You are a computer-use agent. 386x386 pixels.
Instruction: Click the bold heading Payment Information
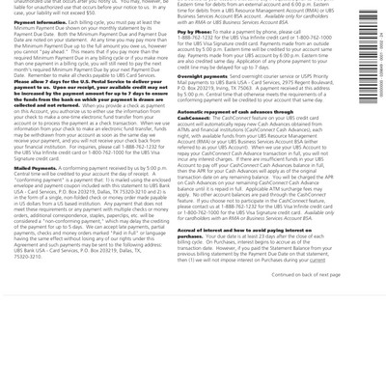tap(40, 21)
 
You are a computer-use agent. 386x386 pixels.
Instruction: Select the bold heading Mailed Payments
tap(36, 168)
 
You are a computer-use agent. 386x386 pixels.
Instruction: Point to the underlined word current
tap(317, 260)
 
